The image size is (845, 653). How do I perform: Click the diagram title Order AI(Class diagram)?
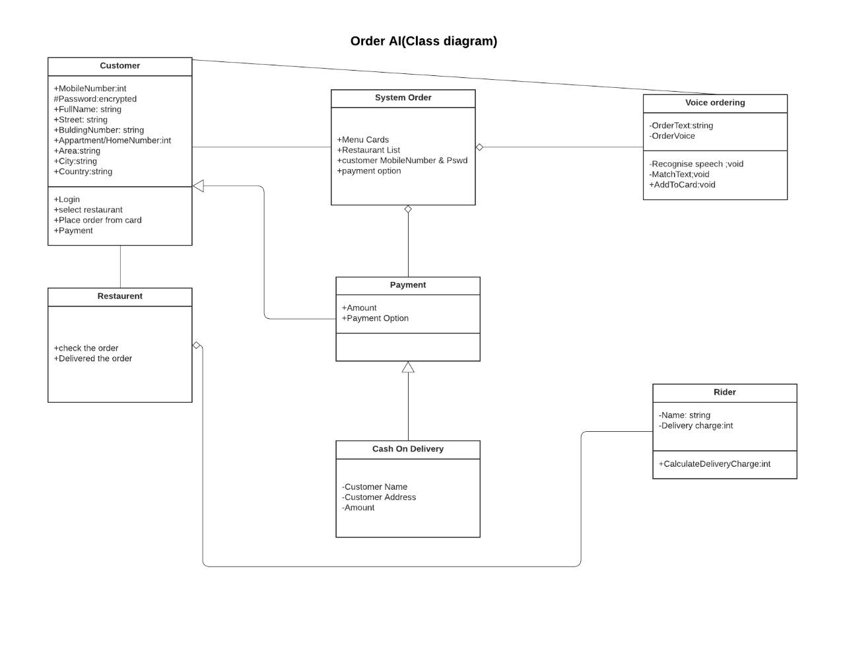pyautogui.click(x=423, y=41)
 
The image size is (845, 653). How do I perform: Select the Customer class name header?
pyautogui.click(x=119, y=66)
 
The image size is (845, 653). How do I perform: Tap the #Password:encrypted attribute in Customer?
pyautogui.click(x=95, y=99)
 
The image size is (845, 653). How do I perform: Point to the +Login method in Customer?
pyautogui.click(x=67, y=199)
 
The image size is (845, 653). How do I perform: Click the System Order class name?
pyautogui.click(x=403, y=98)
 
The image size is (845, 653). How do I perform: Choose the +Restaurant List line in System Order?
pyautogui.click(x=368, y=150)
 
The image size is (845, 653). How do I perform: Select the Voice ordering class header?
pyautogui.click(x=715, y=103)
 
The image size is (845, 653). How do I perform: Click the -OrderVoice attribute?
pyautogui.click(x=672, y=136)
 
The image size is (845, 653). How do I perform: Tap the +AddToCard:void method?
pyautogui.click(x=682, y=185)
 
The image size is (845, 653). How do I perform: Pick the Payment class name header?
pyautogui.click(x=407, y=285)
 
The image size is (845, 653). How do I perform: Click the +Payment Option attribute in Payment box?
pyautogui.click(x=375, y=318)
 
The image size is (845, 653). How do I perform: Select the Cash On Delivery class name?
pyautogui.click(x=407, y=449)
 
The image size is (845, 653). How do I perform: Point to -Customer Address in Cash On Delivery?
pyautogui.click(x=379, y=497)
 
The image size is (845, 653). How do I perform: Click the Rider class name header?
pyautogui.click(x=724, y=392)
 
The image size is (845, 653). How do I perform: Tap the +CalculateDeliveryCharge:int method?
pyautogui.click(x=714, y=464)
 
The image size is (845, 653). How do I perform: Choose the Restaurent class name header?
pyautogui.click(x=119, y=296)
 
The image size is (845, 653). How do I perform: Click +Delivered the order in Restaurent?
pyautogui.click(x=93, y=359)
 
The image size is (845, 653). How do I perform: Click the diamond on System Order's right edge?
pyautogui.click(x=479, y=147)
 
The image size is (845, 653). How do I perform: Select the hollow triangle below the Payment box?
pyautogui.click(x=408, y=368)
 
